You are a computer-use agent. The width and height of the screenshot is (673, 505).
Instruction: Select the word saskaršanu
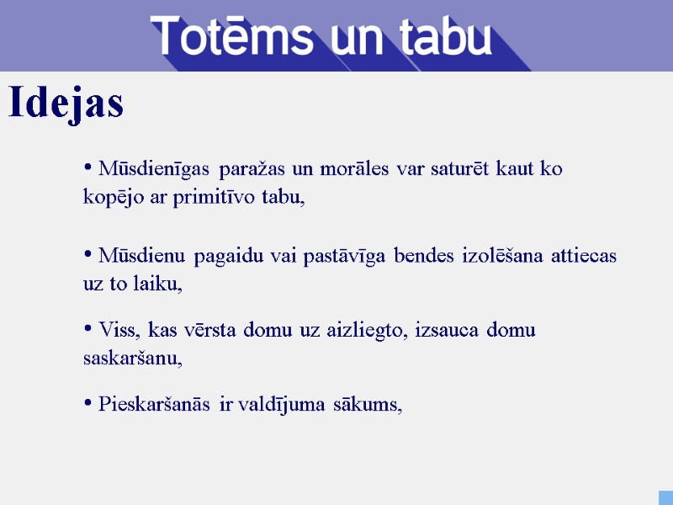point(132,359)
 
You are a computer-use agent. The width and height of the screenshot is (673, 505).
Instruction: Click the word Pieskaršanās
point(156,405)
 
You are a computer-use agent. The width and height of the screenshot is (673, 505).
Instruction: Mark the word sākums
point(368,405)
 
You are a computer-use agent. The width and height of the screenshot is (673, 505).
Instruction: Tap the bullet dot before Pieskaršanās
point(87,405)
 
